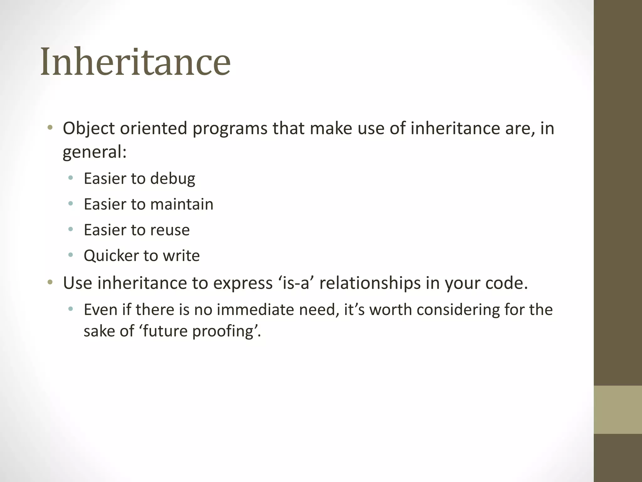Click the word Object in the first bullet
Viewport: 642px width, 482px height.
pos(89,128)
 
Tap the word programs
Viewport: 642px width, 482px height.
pos(230,129)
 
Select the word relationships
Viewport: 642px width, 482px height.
pos(370,283)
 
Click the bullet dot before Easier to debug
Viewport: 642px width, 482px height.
pos(71,178)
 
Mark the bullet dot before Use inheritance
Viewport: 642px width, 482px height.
pos(50,282)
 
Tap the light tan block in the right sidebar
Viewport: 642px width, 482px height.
pos(618,410)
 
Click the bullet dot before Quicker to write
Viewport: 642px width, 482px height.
pos(71,255)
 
